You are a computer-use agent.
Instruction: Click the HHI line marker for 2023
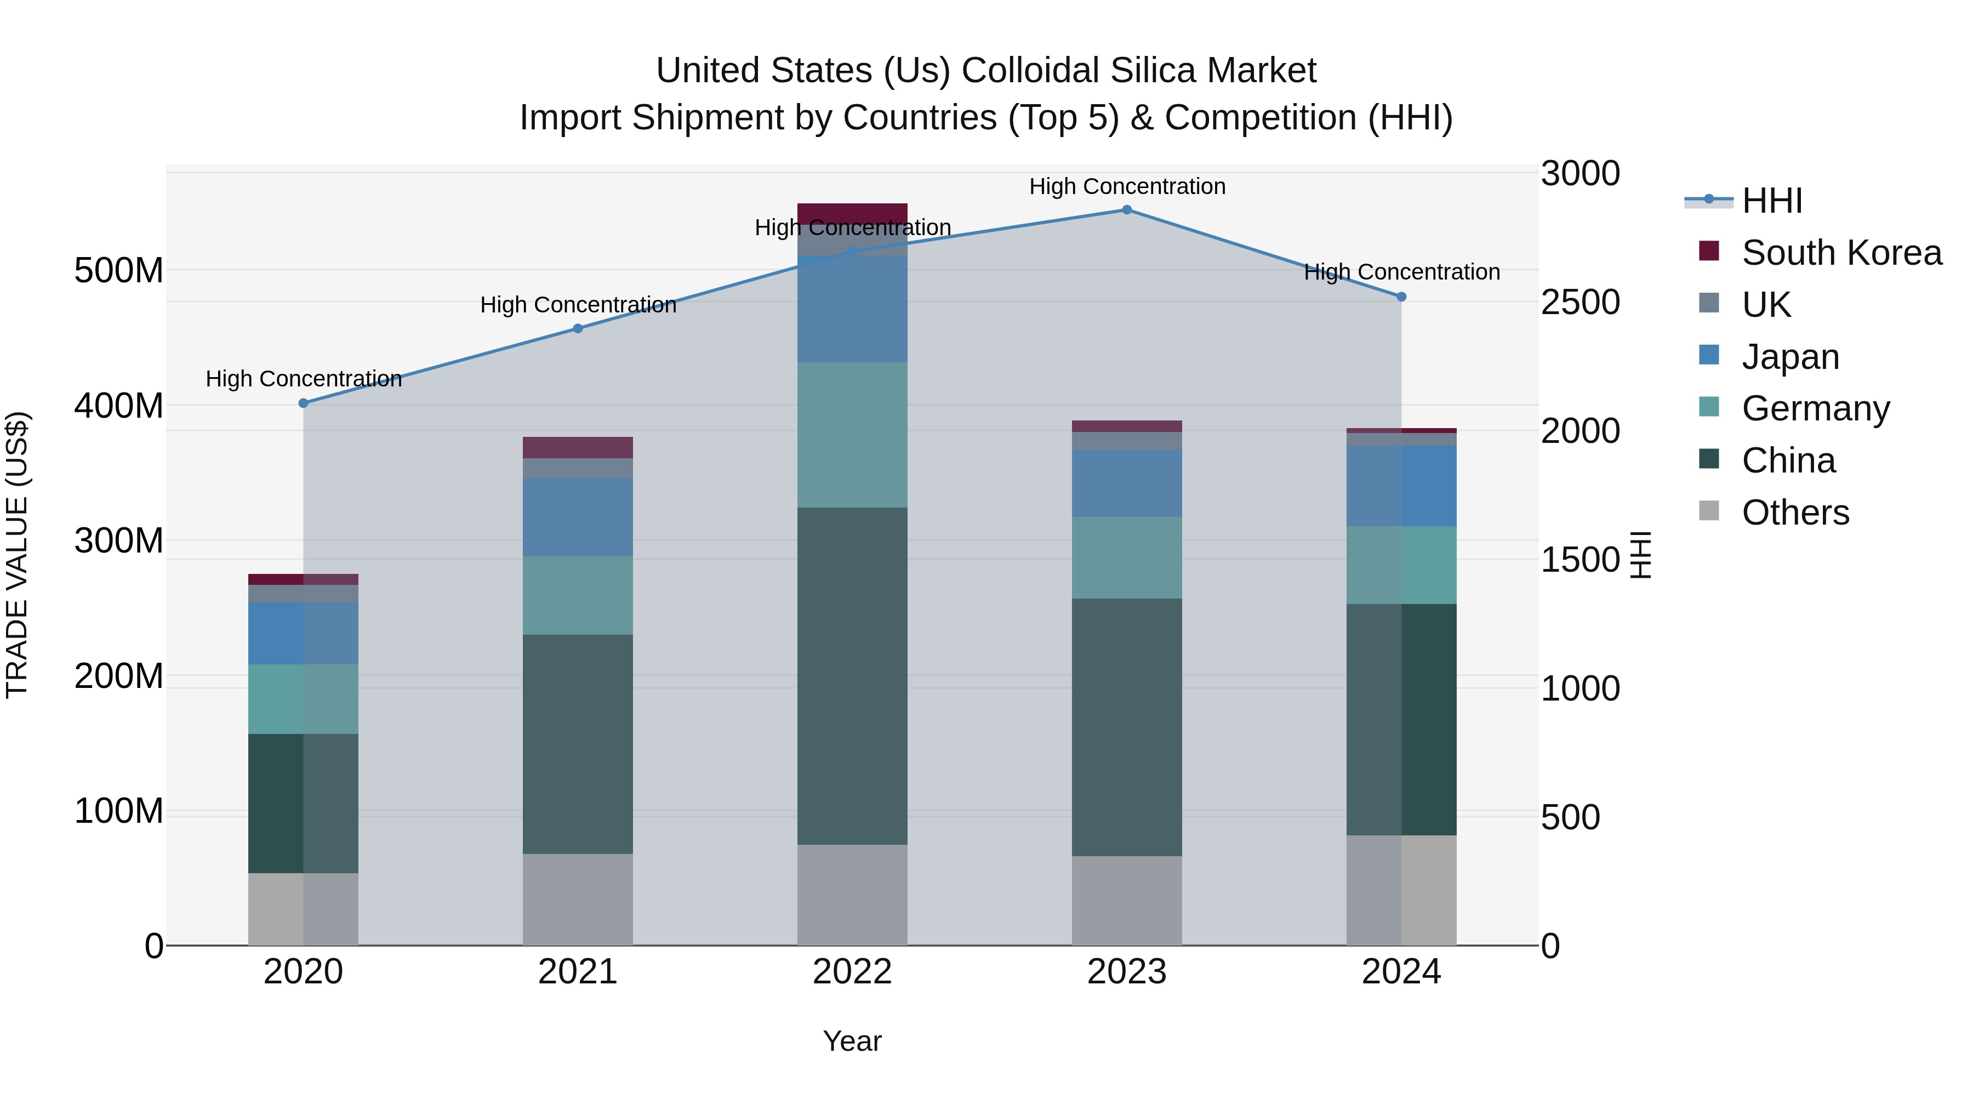point(1127,210)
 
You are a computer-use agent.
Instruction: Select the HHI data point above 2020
point(303,403)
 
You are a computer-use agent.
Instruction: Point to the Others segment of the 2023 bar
point(1127,900)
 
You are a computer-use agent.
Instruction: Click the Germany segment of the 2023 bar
point(1127,557)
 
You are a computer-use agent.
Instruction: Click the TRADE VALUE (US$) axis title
point(17,555)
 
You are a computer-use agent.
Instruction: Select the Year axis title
point(852,1042)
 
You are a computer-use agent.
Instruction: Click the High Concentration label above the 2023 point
point(1127,187)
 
